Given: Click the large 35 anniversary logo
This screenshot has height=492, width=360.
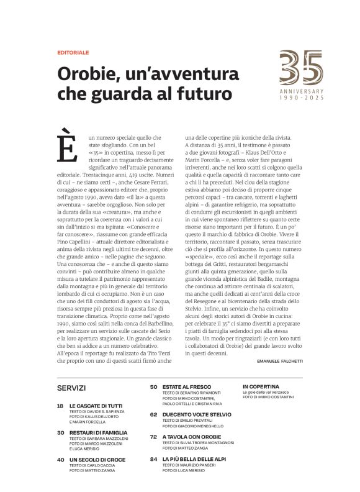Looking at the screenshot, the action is pos(301,68).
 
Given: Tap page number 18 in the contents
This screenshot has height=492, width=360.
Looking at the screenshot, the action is pos(60,406).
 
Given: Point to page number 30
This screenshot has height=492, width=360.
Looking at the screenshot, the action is pos(60,432).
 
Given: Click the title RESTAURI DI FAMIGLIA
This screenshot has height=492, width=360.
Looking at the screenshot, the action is pos(99,432).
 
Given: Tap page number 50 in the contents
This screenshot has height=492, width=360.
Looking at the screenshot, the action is pos(153,386).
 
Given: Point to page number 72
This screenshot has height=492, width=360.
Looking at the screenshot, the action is pos(153,437).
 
